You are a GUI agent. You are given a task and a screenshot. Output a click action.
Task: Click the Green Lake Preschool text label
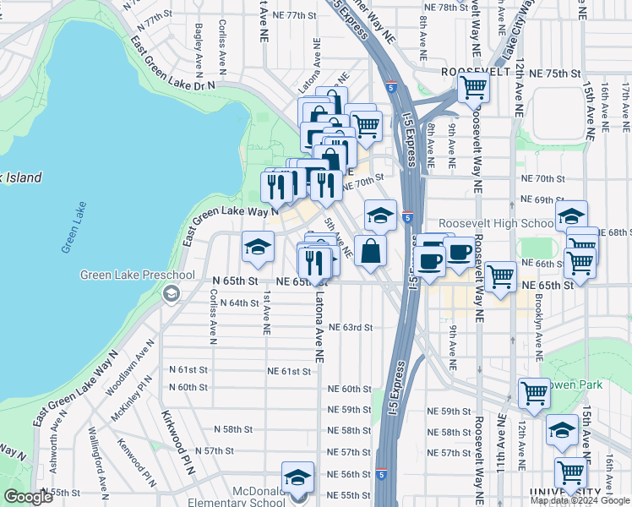pos(138,275)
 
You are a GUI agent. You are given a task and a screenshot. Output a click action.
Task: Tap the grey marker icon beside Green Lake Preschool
pos(172,293)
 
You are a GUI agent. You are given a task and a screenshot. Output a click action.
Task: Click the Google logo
pos(28,497)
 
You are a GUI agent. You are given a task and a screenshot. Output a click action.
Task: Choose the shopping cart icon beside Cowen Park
pos(534,392)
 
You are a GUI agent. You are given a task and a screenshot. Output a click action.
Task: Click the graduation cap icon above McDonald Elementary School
pos(297,478)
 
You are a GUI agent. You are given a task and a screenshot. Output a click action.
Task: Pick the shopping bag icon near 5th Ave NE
pos(371,250)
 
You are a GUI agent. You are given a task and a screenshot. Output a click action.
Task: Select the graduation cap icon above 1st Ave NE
pos(258,247)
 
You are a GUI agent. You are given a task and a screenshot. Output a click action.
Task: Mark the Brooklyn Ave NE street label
pos(538,322)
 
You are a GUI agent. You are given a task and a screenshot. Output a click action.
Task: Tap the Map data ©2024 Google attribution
pos(580,500)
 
